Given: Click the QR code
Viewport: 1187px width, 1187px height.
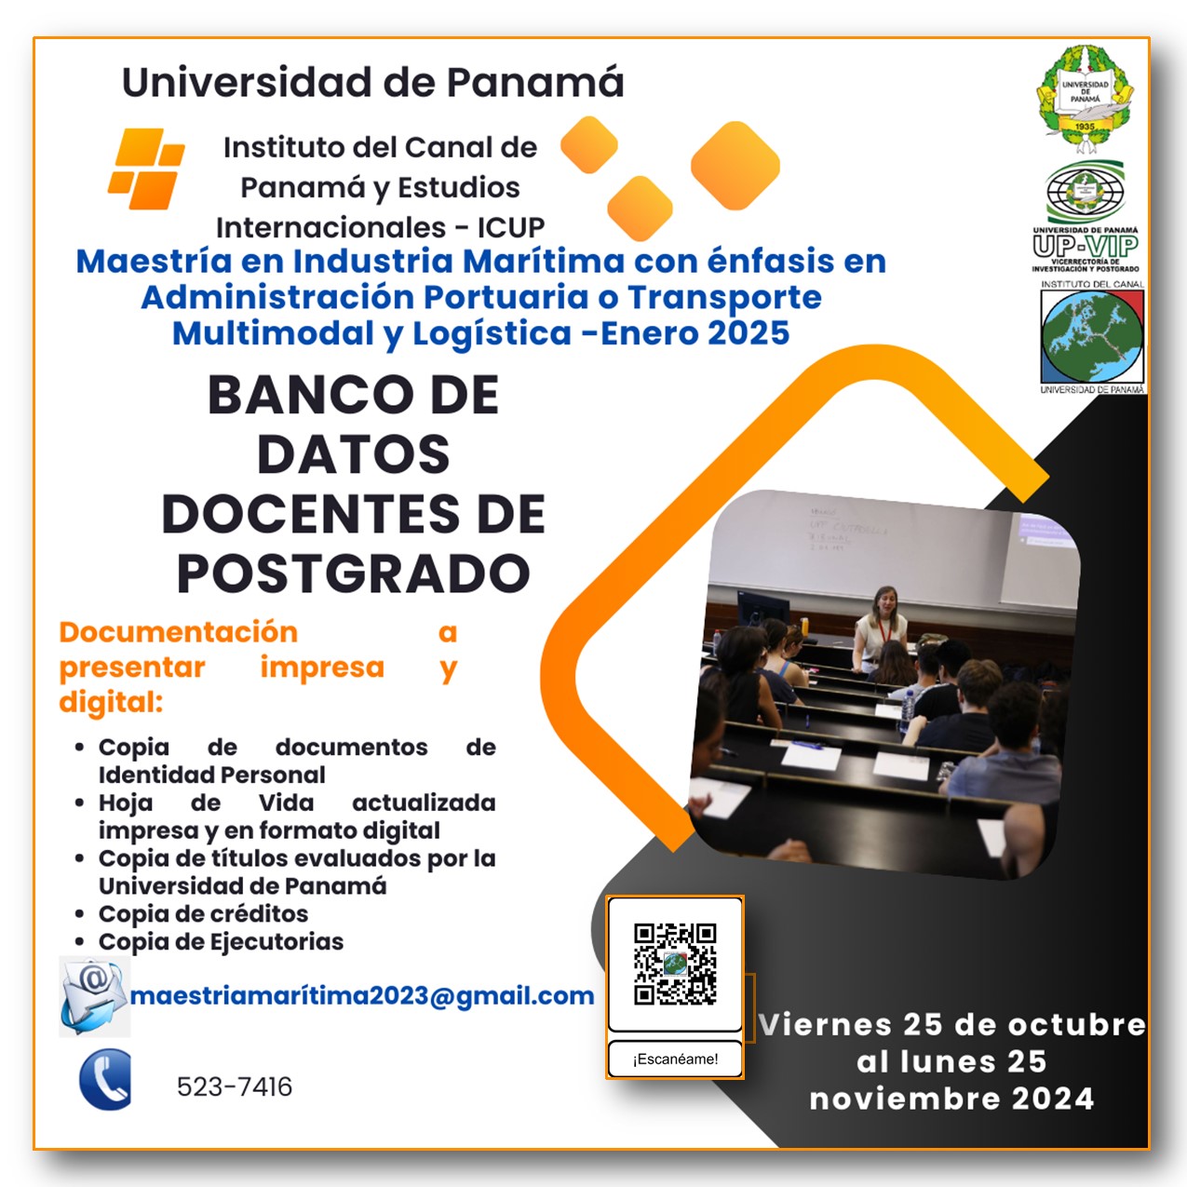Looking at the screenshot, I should pyautogui.click(x=675, y=964).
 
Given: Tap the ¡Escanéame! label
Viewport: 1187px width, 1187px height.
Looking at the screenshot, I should pyautogui.click(x=675, y=1059).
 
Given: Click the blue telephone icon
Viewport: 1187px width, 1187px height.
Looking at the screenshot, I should pyautogui.click(x=105, y=1080).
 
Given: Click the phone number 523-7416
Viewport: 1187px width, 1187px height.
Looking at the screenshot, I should pyautogui.click(x=235, y=1086).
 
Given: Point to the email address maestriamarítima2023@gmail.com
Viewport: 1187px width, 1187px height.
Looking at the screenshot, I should pyautogui.click(x=362, y=996).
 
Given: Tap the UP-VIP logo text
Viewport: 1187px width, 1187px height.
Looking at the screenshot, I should pyautogui.click(x=1085, y=246).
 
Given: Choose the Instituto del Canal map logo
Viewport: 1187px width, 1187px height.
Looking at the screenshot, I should pyautogui.click(x=1092, y=337).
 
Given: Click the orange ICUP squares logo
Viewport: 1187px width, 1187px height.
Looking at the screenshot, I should pyautogui.click(x=147, y=169).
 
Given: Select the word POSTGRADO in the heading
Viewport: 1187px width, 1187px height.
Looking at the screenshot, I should pyautogui.click(x=353, y=573).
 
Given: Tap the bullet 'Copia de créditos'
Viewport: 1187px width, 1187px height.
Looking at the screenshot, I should pyautogui.click(x=203, y=914).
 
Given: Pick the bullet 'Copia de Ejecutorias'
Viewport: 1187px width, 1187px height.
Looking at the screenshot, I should pyautogui.click(x=221, y=942).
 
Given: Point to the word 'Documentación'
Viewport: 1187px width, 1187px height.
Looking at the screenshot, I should pyautogui.click(x=178, y=632).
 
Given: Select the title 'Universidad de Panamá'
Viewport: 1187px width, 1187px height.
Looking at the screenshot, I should pyautogui.click(x=372, y=82).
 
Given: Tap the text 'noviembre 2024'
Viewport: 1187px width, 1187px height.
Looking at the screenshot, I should pyautogui.click(x=951, y=1099).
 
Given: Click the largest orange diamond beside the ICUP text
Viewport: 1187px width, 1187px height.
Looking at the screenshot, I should pyautogui.click(x=735, y=166).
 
